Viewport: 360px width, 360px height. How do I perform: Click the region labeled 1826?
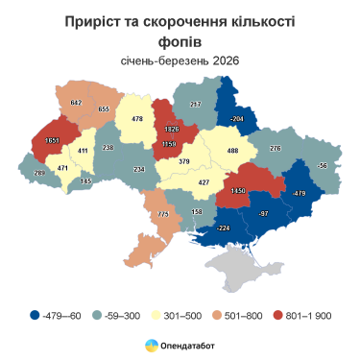click(x=173, y=129)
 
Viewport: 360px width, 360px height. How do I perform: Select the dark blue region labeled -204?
click(x=236, y=117)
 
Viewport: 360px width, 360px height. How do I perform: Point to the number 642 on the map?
click(x=78, y=103)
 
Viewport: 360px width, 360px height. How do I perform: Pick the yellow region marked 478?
click(x=137, y=119)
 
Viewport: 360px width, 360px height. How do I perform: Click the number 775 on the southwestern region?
click(x=162, y=214)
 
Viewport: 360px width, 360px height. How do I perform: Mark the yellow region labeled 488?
click(x=231, y=150)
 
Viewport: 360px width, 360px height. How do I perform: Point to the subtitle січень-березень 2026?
click(x=180, y=61)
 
